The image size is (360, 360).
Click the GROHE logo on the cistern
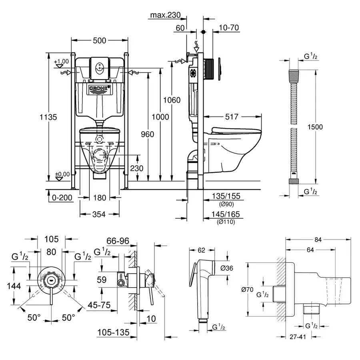(98, 88)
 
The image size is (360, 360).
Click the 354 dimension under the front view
(99, 214)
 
